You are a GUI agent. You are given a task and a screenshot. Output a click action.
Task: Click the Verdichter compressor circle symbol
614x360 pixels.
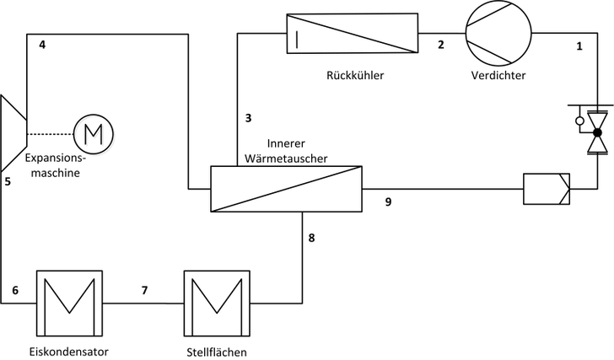tap(498, 33)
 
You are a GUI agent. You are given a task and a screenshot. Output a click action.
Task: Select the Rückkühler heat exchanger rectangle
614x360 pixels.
tap(352, 33)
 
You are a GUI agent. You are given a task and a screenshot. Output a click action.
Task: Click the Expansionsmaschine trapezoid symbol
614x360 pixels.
tap(14, 133)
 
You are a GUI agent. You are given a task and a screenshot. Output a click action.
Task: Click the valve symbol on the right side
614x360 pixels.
tap(597, 133)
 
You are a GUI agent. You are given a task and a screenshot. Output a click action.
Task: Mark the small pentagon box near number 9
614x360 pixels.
tap(546, 188)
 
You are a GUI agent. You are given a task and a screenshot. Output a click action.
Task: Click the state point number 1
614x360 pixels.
tap(579, 46)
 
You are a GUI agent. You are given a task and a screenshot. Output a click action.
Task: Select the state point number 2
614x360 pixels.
tap(440, 46)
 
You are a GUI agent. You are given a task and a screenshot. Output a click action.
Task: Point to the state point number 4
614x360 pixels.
tap(41, 46)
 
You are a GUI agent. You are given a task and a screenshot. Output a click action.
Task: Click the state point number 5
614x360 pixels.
tap(7, 181)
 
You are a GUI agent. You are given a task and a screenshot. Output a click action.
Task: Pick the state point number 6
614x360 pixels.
tap(14, 291)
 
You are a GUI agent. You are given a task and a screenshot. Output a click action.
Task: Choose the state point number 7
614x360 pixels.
tap(144, 291)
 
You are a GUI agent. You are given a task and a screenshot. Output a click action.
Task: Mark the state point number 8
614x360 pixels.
tap(311, 239)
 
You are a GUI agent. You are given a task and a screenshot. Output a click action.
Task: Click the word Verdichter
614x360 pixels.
tap(498, 75)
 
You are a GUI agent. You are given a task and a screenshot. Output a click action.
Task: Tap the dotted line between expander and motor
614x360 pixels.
tap(51, 133)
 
